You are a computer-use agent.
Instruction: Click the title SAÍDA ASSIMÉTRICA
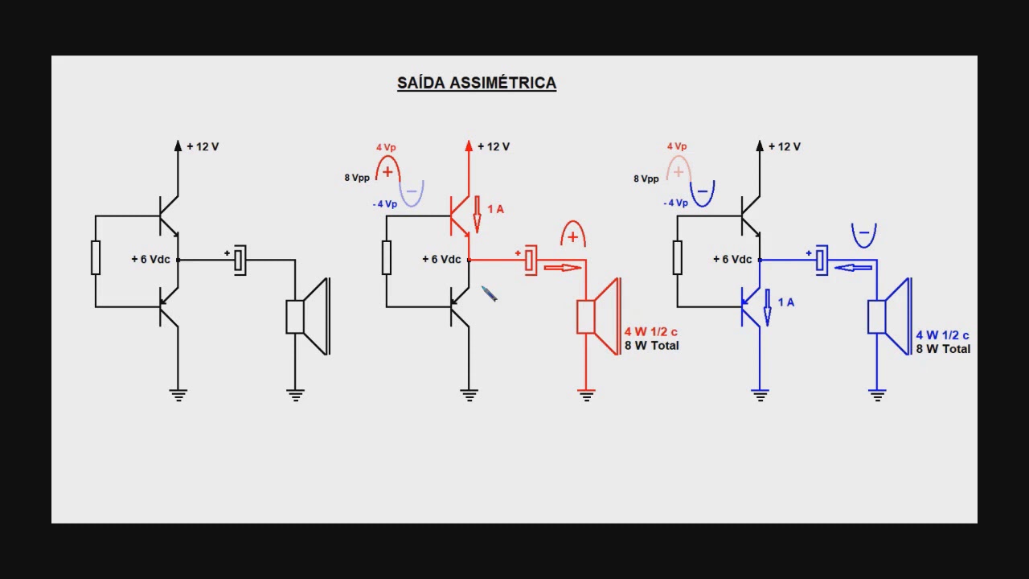click(477, 83)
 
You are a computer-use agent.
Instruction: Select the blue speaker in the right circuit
click(890, 317)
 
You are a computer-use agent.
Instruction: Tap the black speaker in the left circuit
click(308, 317)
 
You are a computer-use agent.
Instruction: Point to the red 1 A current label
click(495, 210)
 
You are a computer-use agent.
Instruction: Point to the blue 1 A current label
click(786, 302)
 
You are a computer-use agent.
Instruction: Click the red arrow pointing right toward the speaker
click(563, 268)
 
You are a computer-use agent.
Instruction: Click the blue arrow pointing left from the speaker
click(853, 268)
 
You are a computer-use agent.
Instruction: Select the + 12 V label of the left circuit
click(203, 146)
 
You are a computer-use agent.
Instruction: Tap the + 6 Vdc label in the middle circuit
click(441, 260)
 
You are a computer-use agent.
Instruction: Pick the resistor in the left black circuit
click(96, 257)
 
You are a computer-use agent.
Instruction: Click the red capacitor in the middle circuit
click(530, 261)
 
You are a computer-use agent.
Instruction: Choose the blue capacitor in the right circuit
click(822, 261)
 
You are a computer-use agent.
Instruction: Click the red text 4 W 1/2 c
click(650, 332)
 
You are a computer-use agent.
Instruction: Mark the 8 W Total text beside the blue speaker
click(943, 349)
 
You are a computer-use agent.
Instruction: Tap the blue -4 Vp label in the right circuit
click(675, 203)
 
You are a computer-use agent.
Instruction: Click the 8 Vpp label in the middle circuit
click(357, 178)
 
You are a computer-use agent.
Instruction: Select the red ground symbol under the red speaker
click(586, 395)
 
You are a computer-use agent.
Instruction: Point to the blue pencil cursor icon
click(490, 294)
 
